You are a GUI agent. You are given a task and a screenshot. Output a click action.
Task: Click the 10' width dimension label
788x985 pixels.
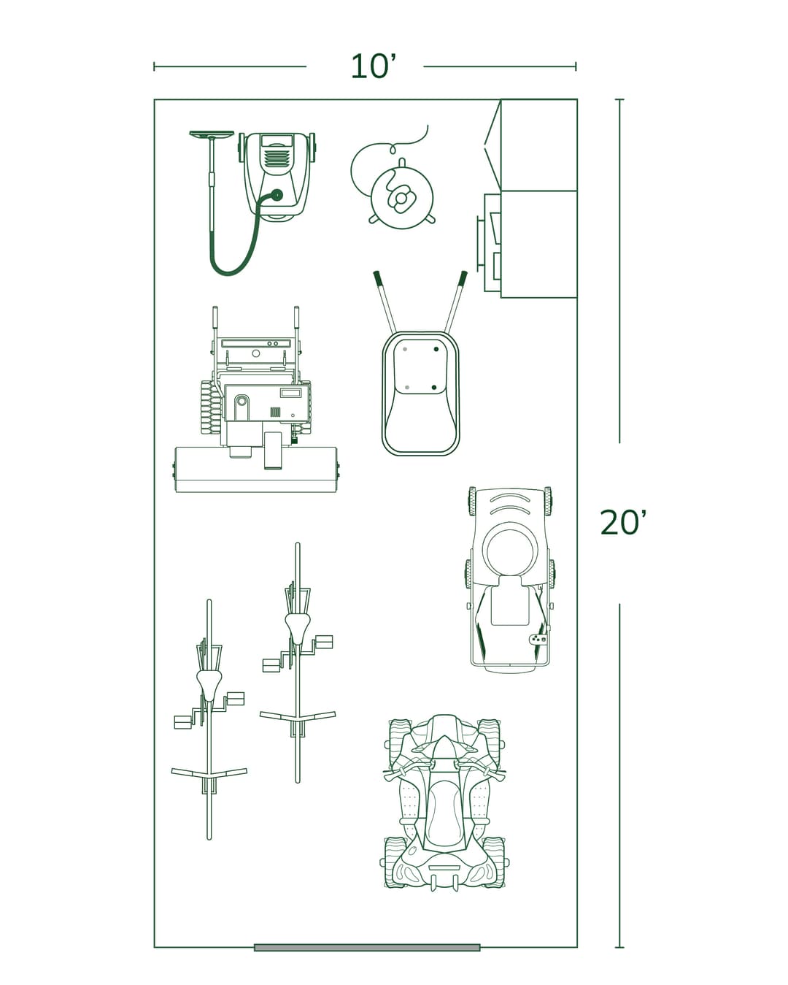(373, 66)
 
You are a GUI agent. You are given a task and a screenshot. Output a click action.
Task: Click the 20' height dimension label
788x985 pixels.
(622, 523)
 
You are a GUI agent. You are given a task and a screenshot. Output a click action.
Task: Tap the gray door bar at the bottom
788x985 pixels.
(367, 947)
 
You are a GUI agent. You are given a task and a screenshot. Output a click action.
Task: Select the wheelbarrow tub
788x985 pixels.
(420, 394)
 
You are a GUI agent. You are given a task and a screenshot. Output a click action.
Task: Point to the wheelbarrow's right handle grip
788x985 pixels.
(463, 277)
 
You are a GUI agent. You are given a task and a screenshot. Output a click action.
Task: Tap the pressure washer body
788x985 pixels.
(277, 172)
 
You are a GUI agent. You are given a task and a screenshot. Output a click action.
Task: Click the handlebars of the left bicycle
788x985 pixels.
(209, 773)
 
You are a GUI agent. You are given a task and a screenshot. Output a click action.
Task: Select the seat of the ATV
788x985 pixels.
(443, 810)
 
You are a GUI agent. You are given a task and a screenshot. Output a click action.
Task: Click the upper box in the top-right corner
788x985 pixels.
(538, 145)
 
